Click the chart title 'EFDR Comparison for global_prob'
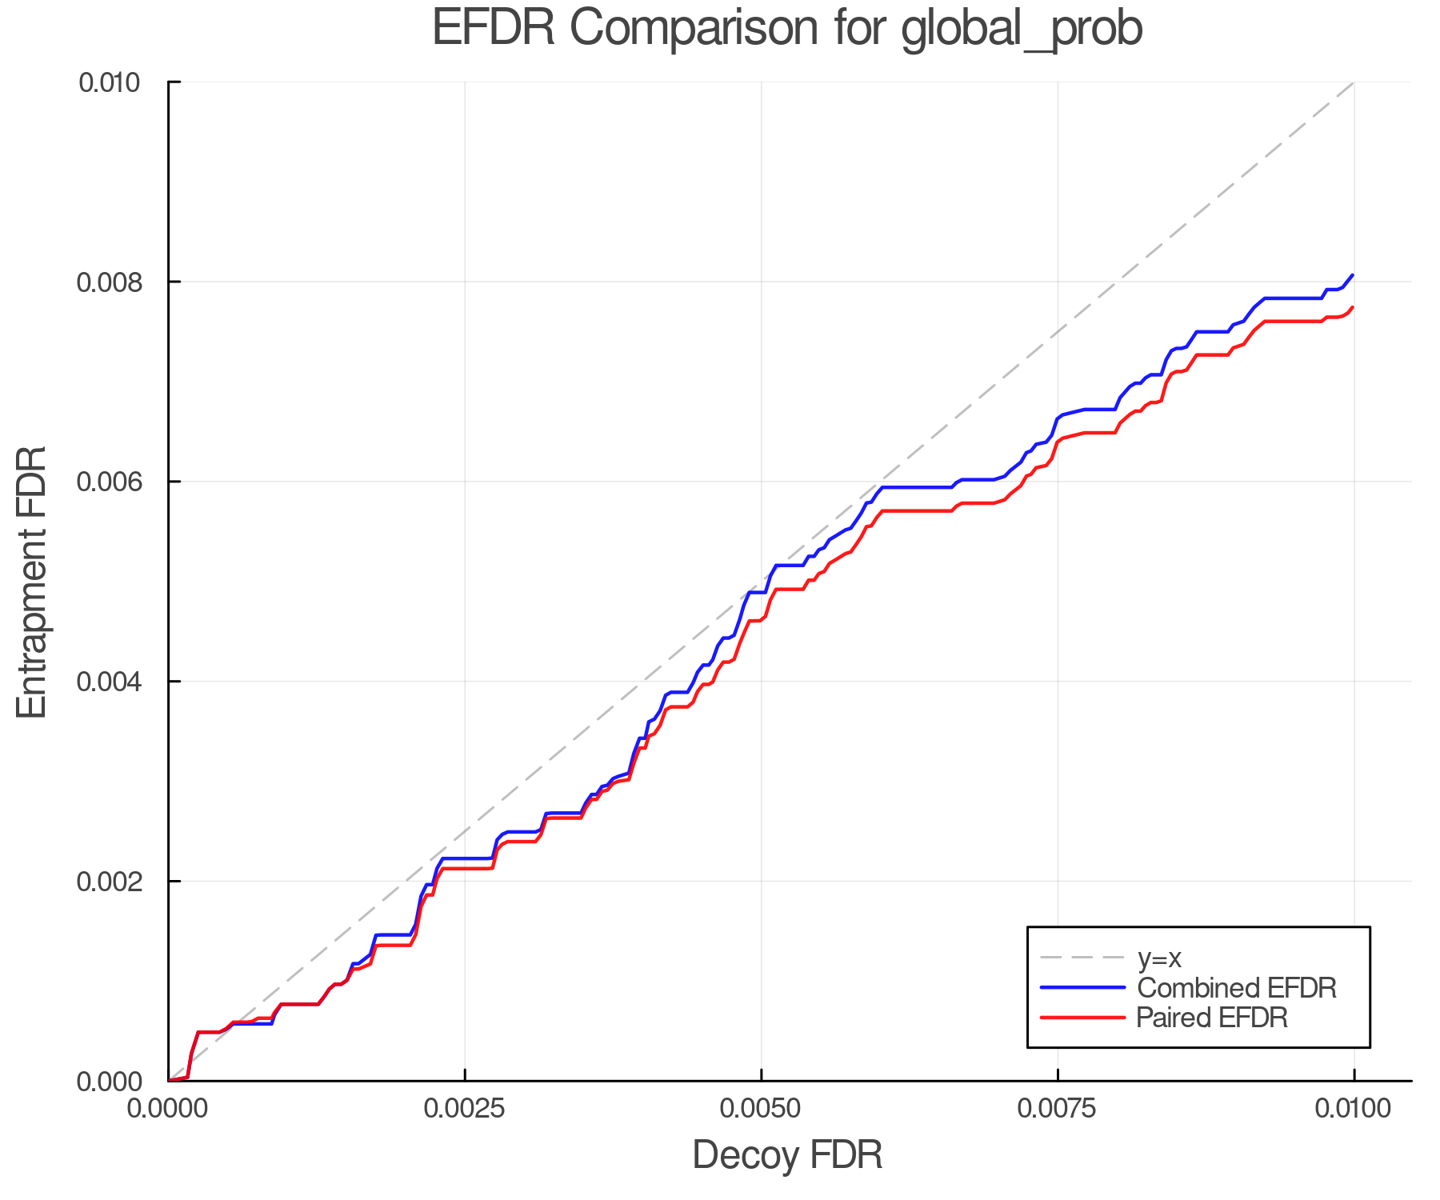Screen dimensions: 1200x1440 [787, 29]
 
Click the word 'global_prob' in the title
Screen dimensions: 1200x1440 [1022, 29]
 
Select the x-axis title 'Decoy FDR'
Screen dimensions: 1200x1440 [787, 1155]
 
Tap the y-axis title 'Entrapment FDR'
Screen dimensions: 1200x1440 [32, 582]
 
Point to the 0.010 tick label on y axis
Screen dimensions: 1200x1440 [109, 82]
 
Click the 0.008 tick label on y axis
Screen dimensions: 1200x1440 [109, 282]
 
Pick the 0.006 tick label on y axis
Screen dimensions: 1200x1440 [109, 482]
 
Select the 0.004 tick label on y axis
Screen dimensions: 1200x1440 [109, 682]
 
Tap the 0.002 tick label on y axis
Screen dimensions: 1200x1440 [109, 882]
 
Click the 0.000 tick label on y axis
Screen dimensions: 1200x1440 [109, 1082]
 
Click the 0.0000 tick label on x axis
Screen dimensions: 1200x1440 [169, 1109]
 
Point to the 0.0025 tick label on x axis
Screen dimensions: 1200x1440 [465, 1109]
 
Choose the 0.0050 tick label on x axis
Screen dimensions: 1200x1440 [762, 1109]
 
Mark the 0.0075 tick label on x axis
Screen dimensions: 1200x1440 [1058, 1109]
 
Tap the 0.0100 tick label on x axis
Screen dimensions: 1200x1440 [1354, 1109]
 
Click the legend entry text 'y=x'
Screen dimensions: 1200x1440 [1158, 958]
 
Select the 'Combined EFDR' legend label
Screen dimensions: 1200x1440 [1236, 988]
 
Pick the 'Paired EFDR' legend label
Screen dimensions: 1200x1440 [1211, 1018]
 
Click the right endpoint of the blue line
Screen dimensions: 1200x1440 [1353, 274]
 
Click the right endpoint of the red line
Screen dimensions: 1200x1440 [1353, 307]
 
